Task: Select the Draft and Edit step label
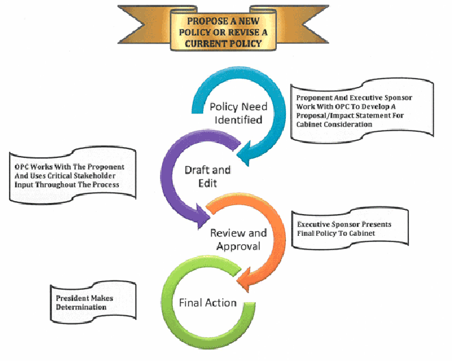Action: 207,175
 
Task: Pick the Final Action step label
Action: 207,303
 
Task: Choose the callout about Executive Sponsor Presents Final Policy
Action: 345,228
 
